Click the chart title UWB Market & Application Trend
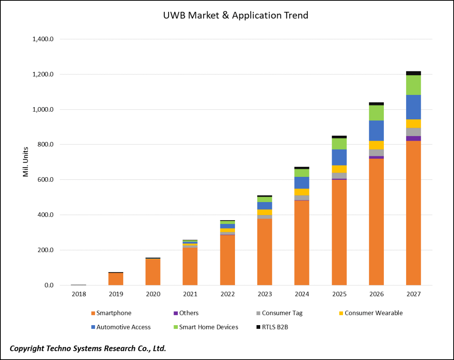click(x=235, y=16)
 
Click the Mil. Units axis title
click(x=26, y=162)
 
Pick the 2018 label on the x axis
click(x=79, y=294)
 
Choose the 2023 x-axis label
click(x=264, y=294)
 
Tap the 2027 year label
click(x=413, y=294)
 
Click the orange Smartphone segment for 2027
click(x=413, y=212)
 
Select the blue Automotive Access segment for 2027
click(x=413, y=107)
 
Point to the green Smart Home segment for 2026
click(x=376, y=113)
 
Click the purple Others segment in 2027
click(x=413, y=138)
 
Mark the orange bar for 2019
click(x=116, y=279)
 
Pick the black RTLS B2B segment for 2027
click(x=413, y=73)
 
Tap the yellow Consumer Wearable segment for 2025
click(x=339, y=169)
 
